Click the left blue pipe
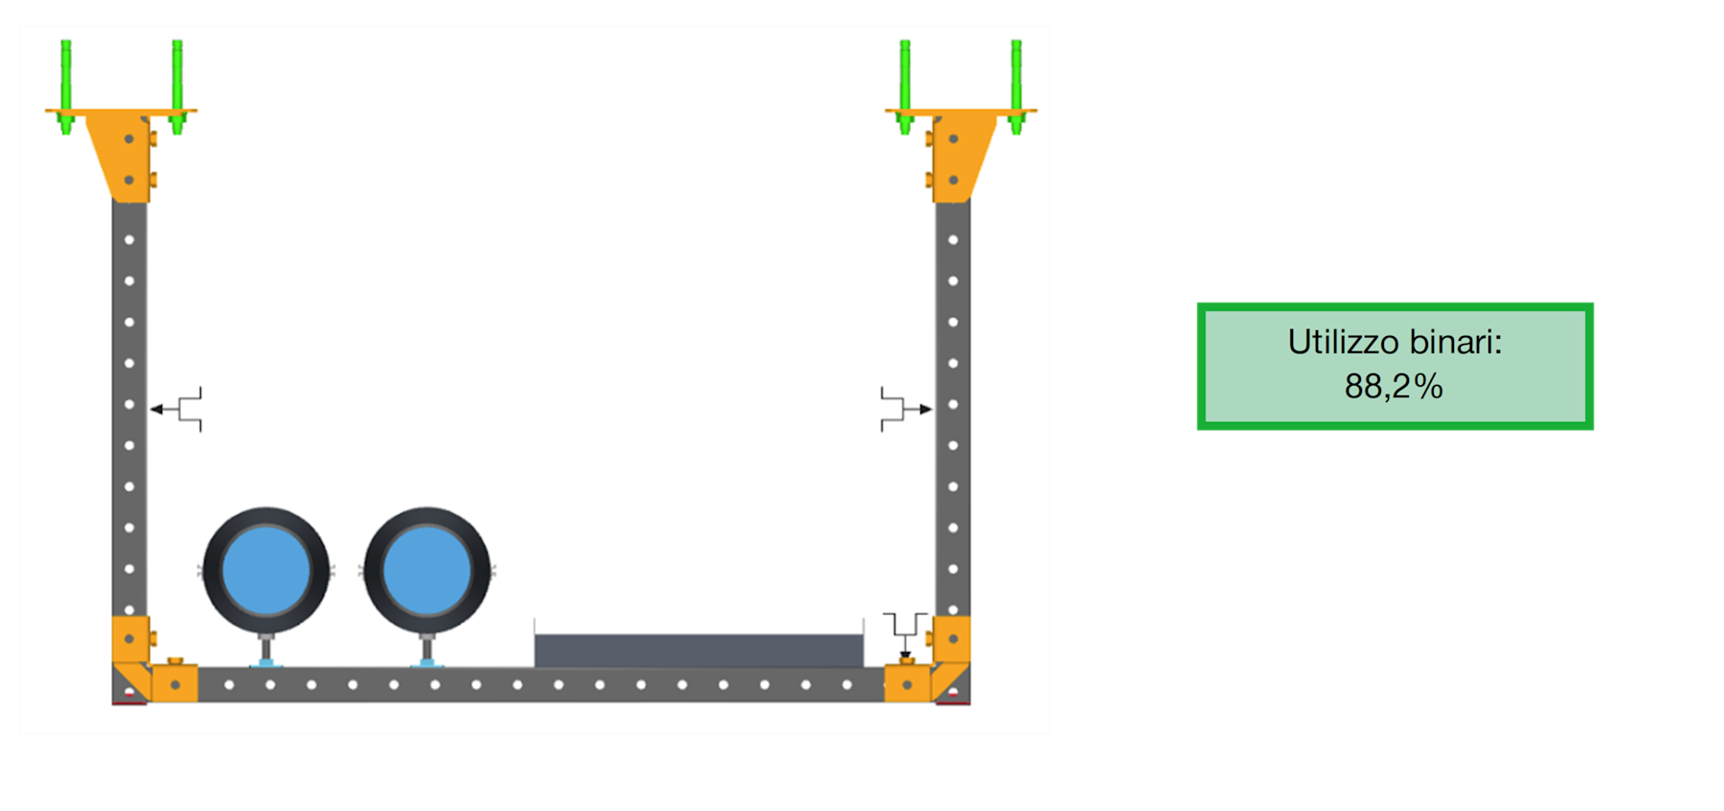click(x=266, y=571)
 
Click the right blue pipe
click(x=427, y=571)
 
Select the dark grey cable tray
click(x=699, y=650)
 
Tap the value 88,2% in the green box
click(x=1394, y=387)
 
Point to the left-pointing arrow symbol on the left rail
click(x=176, y=410)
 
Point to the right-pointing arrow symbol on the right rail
click(x=906, y=410)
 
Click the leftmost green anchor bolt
click(x=66, y=86)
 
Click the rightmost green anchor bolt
click(x=1016, y=86)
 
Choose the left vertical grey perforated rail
click(x=129, y=407)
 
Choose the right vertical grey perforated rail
click(x=953, y=407)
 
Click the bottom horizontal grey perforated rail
click(x=541, y=685)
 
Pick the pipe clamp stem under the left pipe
click(x=266, y=649)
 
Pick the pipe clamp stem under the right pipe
click(x=427, y=649)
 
